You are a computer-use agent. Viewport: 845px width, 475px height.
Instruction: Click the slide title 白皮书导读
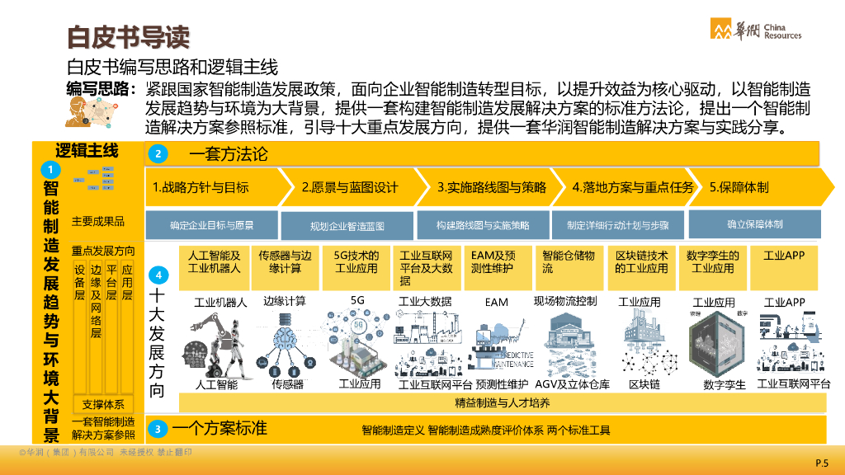(128, 37)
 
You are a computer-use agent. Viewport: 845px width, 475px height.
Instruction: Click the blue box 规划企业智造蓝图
(347, 225)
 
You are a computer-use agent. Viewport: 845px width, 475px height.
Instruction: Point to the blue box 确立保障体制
(755, 223)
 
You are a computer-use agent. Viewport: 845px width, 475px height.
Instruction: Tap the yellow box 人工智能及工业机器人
(215, 261)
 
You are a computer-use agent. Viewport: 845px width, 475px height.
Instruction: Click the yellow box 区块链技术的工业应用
(642, 261)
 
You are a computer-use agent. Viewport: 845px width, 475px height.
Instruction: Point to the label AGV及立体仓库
(572, 384)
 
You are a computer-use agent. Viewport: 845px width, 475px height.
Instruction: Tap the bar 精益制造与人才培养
(502, 402)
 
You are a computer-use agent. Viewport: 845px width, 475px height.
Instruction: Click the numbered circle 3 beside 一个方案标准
(158, 429)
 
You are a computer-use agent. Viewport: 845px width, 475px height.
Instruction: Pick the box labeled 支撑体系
(103, 404)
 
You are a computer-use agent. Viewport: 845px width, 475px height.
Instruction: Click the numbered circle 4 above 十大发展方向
(158, 275)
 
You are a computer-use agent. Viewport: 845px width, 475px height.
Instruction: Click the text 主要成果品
(97, 221)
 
